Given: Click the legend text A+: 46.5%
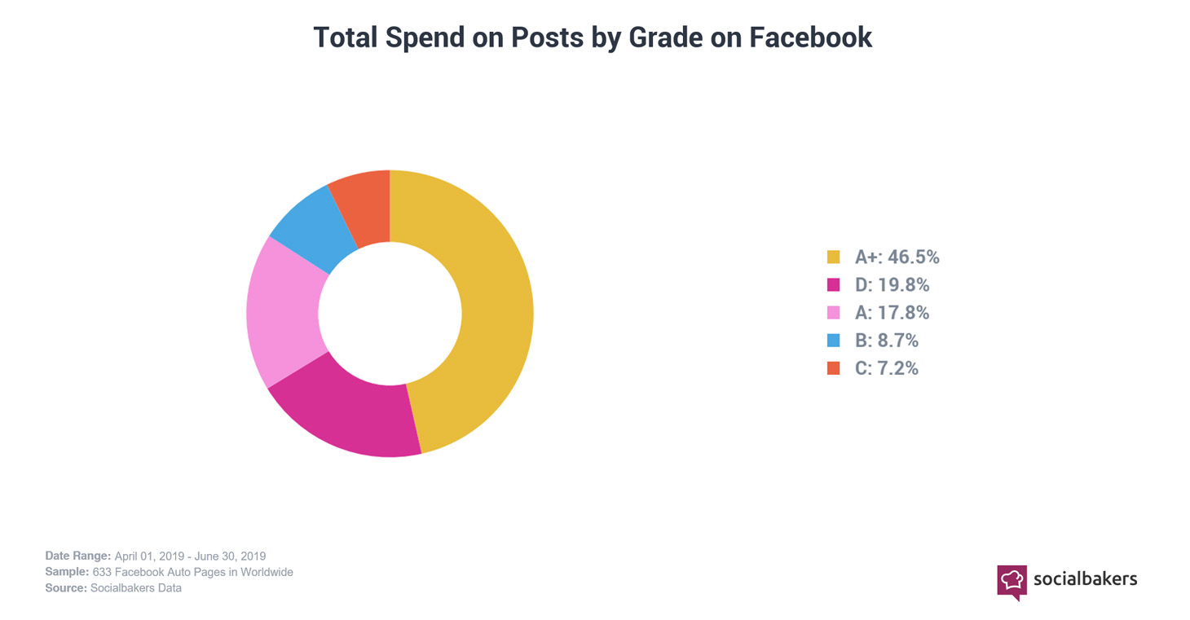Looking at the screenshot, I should tap(897, 257).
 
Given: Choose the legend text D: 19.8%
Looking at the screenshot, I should tap(892, 285).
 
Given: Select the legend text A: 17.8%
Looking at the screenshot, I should tap(892, 313).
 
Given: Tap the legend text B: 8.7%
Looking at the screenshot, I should tap(886, 341).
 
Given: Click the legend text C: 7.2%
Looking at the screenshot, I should tap(886, 368).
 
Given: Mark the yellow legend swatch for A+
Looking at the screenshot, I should tap(833, 257).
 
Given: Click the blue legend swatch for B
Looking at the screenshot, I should tap(833, 341).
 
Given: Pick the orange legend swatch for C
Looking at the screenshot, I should tap(833, 368).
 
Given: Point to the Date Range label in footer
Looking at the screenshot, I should tap(77, 556).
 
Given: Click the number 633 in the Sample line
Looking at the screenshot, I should tap(102, 572).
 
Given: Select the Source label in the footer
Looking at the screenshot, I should tap(66, 587).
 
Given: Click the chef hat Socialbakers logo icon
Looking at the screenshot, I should tap(1011, 581).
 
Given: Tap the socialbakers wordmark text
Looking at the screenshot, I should tap(1085, 579).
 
